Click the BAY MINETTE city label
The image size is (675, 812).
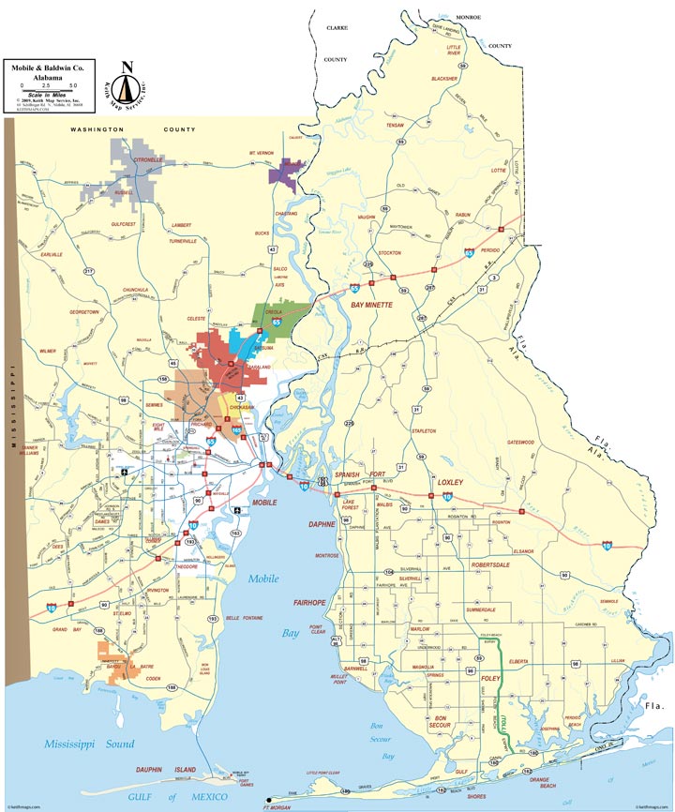pyautogui.click(x=371, y=305)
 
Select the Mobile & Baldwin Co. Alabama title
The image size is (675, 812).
pyautogui.click(x=47, y=72)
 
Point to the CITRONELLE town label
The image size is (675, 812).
pyautogui.click(x=148, y=160)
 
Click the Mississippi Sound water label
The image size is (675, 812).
pyautogui.click(x=87, y=744)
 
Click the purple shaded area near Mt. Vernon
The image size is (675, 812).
pyautogui.click(x=287, y=171)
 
